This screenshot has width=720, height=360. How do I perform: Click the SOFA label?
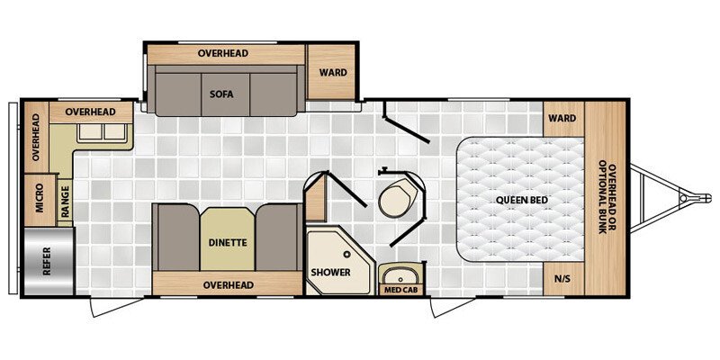pos(221,94)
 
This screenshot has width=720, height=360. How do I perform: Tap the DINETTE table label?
pos(228,242)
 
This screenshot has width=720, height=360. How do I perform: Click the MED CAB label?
pos(400,290)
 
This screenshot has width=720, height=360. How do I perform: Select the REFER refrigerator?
pos(49,261)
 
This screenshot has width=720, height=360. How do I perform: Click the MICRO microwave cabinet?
pos(40,200)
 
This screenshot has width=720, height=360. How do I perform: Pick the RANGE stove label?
pos(65,201)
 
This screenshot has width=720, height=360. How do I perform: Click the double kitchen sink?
pos(101,132)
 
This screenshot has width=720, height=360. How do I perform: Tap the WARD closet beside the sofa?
pos(331,72)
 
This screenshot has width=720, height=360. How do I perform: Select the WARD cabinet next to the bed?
pos(563,119)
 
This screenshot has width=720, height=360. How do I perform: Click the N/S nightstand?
pos(563,279)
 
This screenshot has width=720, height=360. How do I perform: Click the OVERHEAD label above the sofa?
pos(223,53)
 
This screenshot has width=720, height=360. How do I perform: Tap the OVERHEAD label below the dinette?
pos(229,285)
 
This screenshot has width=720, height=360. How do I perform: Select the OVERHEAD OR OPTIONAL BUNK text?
pos(606,197)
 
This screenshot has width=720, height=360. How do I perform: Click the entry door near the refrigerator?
pos(117,306)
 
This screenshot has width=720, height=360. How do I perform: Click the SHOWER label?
pos(330,273)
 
